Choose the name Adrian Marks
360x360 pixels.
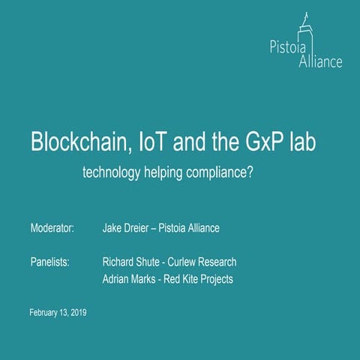pos(131,280)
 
